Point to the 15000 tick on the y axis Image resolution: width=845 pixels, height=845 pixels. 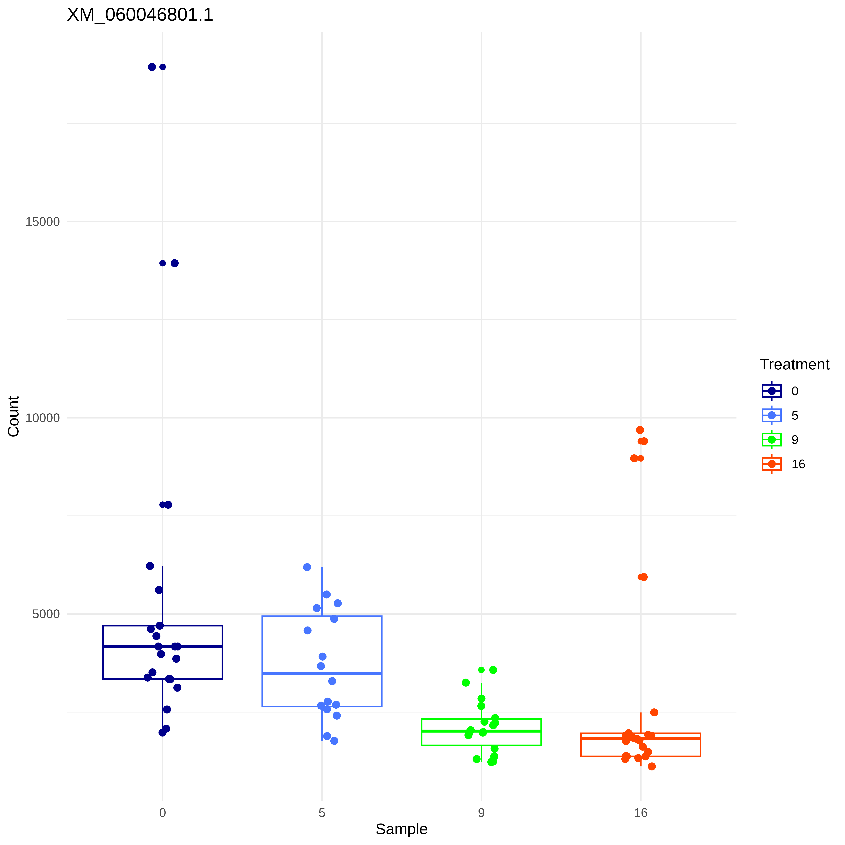click(x=42, y=222)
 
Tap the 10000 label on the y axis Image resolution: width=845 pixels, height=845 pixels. click(x=42, y=418)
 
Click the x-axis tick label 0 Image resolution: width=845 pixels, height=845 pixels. click(x=163, y=813)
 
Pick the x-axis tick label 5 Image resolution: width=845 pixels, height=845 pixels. click(x=322, y=813)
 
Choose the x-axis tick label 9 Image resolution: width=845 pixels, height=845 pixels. click(x=481, y=813)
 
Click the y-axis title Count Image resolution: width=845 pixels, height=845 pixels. click(x=14, y=416)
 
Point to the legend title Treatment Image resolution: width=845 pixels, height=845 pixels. click(x=794, y=364)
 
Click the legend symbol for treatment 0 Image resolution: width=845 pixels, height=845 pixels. click(x=771, y=391)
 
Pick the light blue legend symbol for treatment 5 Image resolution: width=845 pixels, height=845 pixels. click(x=771, y=415)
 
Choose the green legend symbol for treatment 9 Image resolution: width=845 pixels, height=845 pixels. click(x=771, y=440)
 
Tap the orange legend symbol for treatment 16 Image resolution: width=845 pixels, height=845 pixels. click(x=771, y=464)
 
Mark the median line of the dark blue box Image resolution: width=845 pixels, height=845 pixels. click(x=131, y=646)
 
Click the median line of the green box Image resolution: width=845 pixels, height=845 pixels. click(x=451, y=731)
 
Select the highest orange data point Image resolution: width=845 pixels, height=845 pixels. click(x=640, y=430)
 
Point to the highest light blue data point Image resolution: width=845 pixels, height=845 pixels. click(x=307, y=567)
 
